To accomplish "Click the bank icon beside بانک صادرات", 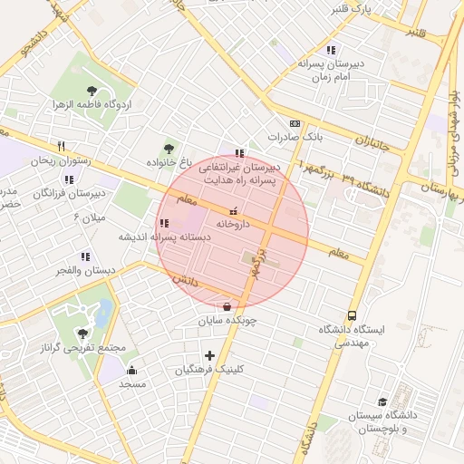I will [295, 123].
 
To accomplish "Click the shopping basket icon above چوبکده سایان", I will [226, 305].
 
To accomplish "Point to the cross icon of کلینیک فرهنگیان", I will [210, 355].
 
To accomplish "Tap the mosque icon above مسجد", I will [132, 370].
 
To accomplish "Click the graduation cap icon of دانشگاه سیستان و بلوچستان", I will [382, 401].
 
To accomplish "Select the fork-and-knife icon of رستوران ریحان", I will [62, 146].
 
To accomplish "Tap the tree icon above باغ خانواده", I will [168, 148].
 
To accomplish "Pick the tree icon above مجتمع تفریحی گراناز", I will [83, 333].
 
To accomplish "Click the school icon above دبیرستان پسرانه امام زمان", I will [331, 50].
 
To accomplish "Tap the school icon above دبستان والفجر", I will [84, 256].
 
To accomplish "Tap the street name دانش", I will [185, 283].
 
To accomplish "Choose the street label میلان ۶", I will [89, 218].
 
